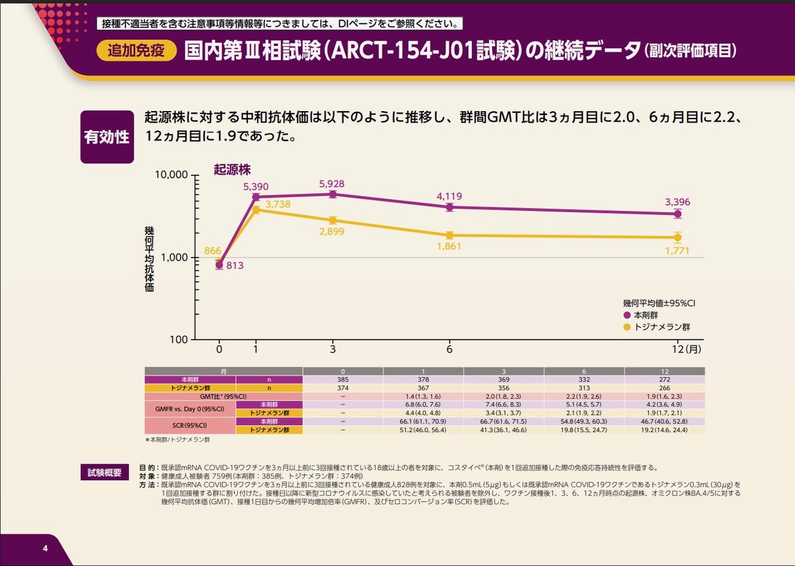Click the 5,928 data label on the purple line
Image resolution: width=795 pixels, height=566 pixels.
click(332, 184)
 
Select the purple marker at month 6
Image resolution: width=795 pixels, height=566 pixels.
click(449, 207)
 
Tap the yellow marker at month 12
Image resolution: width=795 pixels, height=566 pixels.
click(678, 237)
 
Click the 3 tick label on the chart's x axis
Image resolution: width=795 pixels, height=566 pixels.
click(333, 349)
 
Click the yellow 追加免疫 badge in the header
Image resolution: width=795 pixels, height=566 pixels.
click(136, 51)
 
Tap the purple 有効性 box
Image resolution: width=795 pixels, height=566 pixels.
click(107, 137)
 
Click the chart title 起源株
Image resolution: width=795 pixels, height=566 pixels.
click(232, 169)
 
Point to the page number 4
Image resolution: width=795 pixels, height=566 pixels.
click(45, 549)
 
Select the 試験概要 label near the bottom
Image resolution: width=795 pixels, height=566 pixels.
click(104, 472)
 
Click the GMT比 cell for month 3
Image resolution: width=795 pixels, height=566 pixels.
click(504, 397)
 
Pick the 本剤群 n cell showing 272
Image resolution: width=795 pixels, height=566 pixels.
click(664, 379)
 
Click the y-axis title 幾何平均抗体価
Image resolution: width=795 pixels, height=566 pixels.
click(149, 259)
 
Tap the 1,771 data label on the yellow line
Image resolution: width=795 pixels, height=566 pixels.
click(677, 251)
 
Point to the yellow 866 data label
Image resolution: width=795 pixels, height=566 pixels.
click(212, 251)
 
